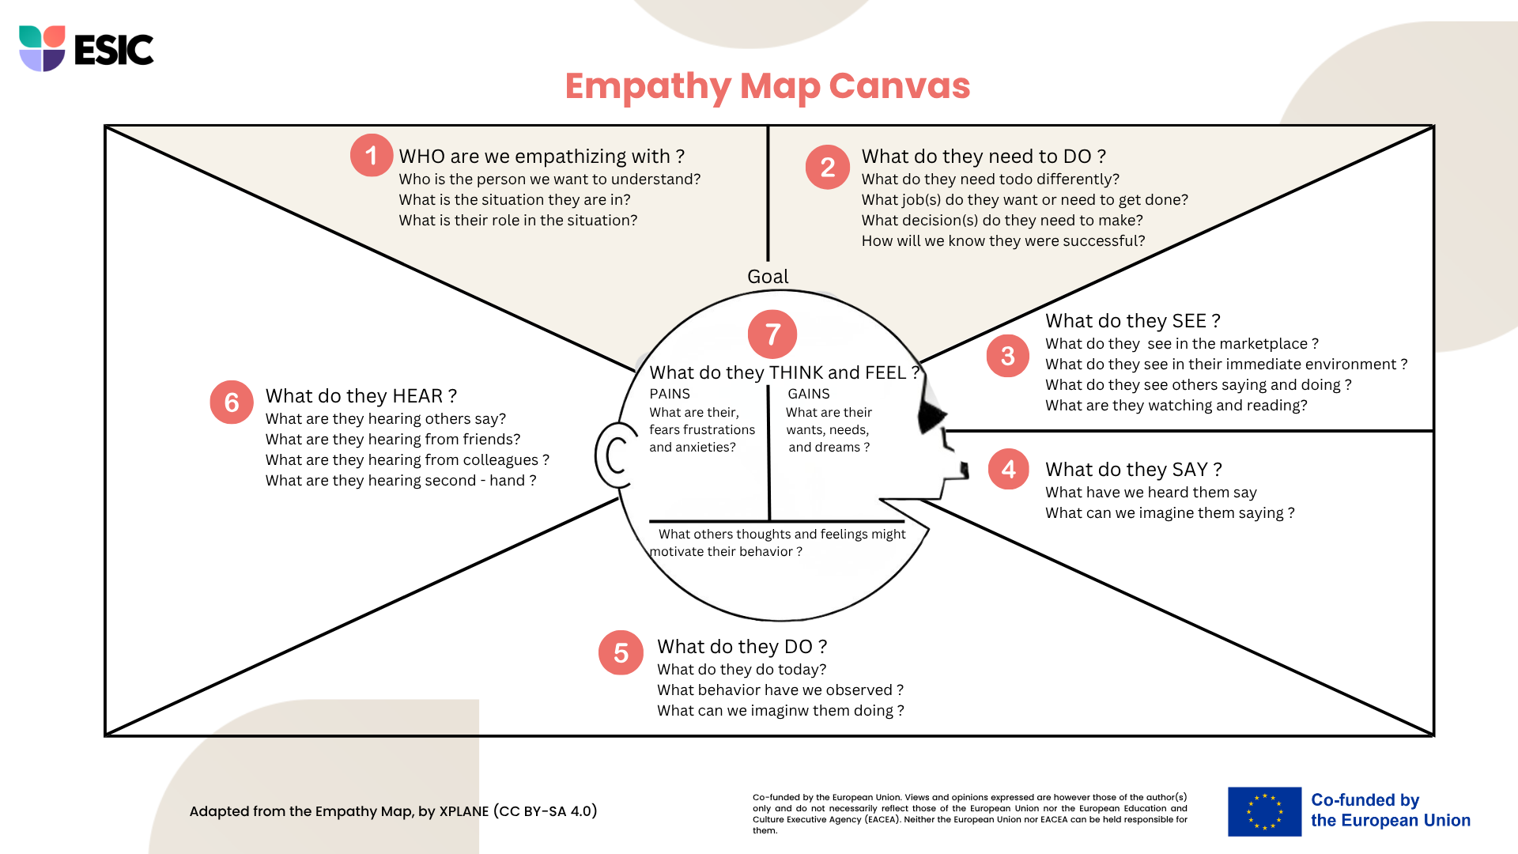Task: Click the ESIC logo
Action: click(86, 49)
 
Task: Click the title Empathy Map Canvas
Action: click(767, 86)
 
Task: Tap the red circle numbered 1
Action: click(372, 155)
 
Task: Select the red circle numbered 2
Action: click(828, 167)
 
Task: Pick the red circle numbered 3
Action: click(1008, 356)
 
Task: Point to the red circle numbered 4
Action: click(1009, 469)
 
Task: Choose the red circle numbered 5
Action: click(621, 652)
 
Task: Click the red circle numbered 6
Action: click(232, 402)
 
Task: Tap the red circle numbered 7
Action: click(772, 334)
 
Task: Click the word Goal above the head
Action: click(768, 277)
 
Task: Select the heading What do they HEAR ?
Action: click(361, 396)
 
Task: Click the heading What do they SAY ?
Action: click(1134, 470)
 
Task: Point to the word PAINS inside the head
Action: click(670, 394)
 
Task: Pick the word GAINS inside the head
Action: click(809, 394)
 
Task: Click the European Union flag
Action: click(1264, 811)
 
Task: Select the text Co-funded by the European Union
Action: click(1391, 811)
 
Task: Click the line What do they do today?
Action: click(742, 670)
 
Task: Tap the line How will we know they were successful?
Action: click(1003, 241)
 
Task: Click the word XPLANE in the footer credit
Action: click(464, 811)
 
